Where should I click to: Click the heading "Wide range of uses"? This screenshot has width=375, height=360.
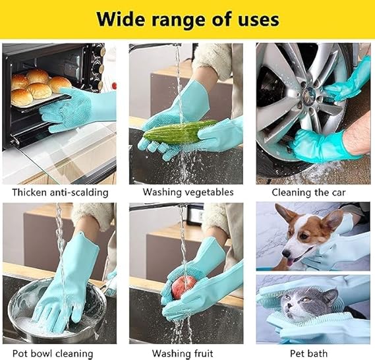coord(188,19)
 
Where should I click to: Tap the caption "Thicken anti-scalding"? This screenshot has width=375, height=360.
coord(60,193)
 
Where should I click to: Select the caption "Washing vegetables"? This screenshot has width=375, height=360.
coord(188,192)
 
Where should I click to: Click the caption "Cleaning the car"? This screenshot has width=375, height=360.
coord(308,193)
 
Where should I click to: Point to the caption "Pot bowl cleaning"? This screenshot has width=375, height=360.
coord(53,353)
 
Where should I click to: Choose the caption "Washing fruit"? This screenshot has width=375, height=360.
coord(183,353)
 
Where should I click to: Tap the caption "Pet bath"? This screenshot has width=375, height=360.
coord(308,353)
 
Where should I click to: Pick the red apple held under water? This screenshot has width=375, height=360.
coord(184,287)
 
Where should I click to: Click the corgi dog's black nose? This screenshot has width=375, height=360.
coord(285,253)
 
